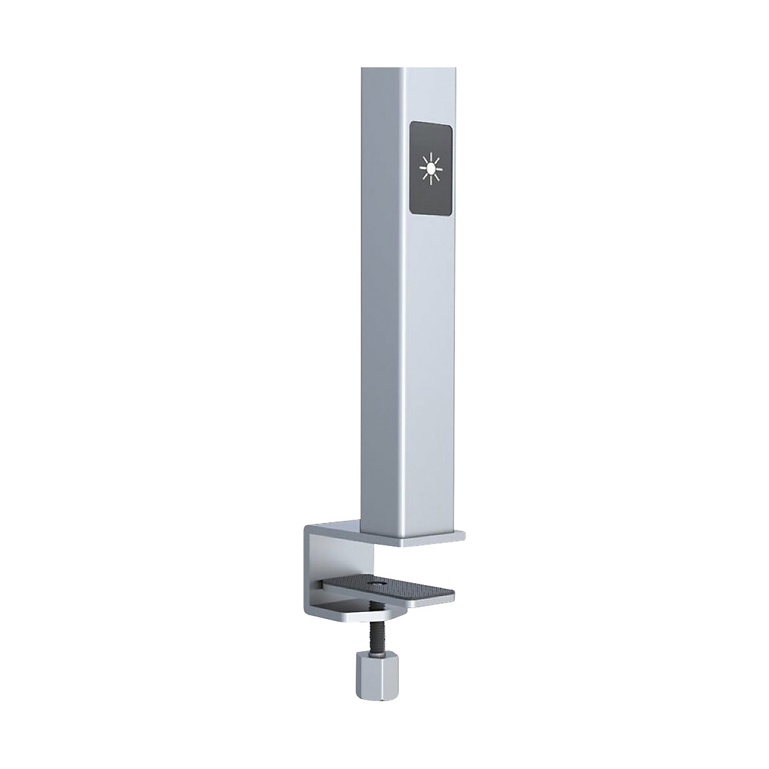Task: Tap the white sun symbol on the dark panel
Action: pos(431,168)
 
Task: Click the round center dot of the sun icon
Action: pos(431,168)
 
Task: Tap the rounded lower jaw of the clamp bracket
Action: pos(346,619)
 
